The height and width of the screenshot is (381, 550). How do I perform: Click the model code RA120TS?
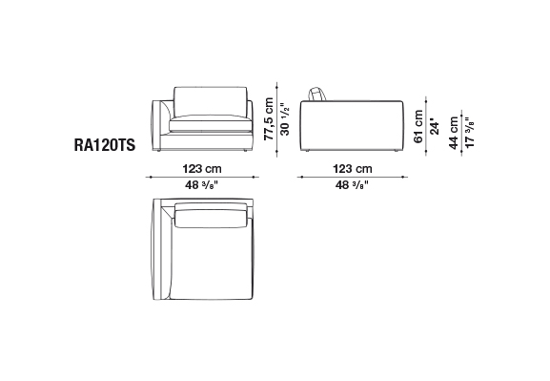pos(105,145)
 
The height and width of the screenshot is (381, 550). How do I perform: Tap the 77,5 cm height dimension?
pos(269,119)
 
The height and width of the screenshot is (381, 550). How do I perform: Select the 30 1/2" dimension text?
pos(286,119)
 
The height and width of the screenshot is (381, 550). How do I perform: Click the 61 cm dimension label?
pos(418,126)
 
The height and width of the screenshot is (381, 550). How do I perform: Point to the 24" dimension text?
pos(435,127)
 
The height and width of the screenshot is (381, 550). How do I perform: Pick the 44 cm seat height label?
pos(454,133)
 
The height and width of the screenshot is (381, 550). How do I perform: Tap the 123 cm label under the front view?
pos(202,169)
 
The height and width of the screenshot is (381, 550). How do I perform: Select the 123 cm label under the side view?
pos(353,169)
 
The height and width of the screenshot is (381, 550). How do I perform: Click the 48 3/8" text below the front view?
pos(202,185)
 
